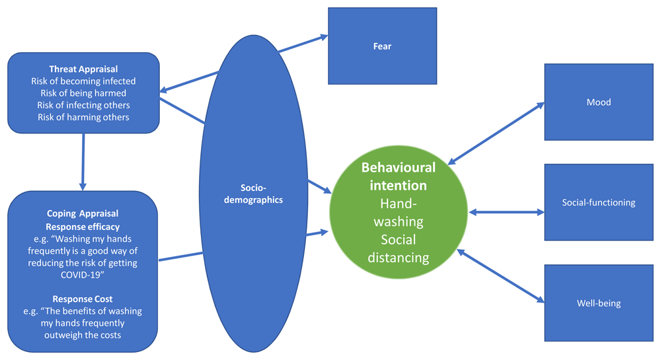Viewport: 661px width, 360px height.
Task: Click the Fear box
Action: click(382, 46)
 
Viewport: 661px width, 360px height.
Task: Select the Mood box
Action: click(598, 102)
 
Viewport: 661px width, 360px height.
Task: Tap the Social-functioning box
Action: click(598, 202)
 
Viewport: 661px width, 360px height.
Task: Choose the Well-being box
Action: click(598, 303)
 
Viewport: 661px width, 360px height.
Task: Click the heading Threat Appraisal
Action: click(83, 69)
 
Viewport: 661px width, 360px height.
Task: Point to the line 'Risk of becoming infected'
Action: click(83, 81)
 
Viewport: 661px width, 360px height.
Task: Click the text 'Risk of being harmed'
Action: click(83, 93)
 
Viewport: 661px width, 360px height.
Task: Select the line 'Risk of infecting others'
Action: click(83, 105)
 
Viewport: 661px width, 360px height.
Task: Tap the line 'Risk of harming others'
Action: click(83, 117)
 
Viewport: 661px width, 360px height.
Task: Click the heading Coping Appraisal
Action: click(83, 214)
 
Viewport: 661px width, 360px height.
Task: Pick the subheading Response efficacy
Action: click(83, 227)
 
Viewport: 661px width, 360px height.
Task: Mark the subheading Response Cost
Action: click(83, 299)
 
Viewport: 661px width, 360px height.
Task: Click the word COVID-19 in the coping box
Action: click(83, 274)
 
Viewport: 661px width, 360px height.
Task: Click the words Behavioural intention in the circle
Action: click(398, 176)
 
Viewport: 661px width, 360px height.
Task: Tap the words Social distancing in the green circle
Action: click(398, 248)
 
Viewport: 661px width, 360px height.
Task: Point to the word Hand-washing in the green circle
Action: click(398, 213)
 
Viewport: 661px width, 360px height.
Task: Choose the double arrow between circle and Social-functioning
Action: click(506, 212)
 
